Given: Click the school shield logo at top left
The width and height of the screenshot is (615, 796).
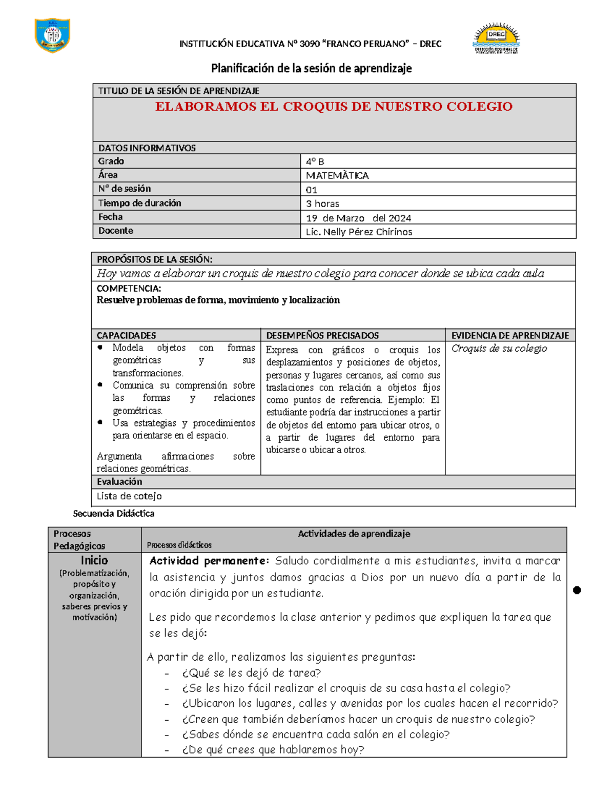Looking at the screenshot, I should coord(52,35).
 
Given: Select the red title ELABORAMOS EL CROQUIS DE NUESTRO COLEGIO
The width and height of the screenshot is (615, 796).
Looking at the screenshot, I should coord(334,107).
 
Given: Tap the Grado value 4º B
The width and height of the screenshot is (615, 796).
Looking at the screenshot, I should coord(315,161).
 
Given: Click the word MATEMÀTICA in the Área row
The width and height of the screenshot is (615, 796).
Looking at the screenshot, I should coord(337,175).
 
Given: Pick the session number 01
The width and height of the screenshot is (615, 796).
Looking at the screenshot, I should coord(312,190).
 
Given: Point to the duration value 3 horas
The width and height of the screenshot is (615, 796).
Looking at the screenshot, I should coord(322,203).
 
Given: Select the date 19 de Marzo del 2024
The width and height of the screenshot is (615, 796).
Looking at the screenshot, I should coord(358,218).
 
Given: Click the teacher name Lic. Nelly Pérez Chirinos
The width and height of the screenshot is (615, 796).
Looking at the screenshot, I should coord(359,232).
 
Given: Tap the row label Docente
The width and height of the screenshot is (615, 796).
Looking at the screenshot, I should coord(116,231).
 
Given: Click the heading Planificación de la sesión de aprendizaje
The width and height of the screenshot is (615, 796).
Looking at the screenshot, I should coord(312,68).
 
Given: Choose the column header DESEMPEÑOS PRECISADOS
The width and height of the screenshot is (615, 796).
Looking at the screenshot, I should coord(322,335).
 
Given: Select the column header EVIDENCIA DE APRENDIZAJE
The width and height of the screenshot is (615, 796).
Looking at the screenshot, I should coord(510,335).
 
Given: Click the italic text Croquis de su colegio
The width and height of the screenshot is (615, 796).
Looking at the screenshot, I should coord(499,349).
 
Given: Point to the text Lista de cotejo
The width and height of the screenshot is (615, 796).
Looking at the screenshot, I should coord(129,496).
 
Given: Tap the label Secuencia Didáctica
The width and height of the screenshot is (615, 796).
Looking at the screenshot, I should coord(114,513).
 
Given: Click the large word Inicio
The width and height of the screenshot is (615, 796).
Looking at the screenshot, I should coord(94,560).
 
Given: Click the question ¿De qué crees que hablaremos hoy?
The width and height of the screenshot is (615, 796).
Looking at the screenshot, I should coord(273,750).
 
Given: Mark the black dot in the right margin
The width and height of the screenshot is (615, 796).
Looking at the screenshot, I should coord(577,590).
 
